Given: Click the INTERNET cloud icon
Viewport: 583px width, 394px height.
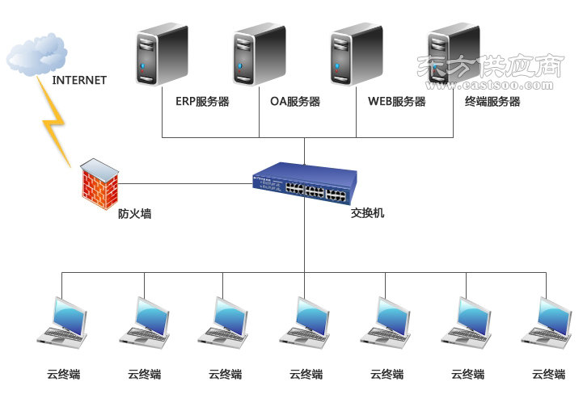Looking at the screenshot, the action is tap(36, 54).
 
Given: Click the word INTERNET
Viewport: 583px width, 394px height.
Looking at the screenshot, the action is tap(79, 80).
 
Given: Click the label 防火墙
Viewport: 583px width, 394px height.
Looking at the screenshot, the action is tap(134, 214).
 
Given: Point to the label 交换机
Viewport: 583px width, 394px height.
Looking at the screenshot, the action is tap(367, 213).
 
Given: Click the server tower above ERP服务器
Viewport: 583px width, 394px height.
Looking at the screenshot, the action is tap(162, 55).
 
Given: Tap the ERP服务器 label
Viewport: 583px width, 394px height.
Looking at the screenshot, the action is tap(202, 102).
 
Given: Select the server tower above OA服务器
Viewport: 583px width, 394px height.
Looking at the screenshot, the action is tap(259, 55).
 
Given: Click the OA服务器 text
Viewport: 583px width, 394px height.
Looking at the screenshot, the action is tap(295, 102).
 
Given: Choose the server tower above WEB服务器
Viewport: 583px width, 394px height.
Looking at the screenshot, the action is tap(357, 55).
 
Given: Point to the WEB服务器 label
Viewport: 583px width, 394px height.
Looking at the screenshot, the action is tap(397, 102).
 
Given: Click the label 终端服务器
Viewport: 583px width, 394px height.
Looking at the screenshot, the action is tap(492, 102).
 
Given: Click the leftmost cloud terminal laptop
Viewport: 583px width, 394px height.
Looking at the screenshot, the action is tap(62, 323).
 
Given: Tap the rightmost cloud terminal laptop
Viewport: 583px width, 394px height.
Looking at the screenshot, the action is tap(546, 323).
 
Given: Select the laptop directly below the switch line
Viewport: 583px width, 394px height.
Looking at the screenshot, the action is tap(305, 323).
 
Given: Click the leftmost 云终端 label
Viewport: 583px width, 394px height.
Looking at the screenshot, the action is tap(64, 375).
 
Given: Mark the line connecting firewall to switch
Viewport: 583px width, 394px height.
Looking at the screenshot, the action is tap(185, 183).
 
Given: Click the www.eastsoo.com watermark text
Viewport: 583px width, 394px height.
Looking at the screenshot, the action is tap(489, 86).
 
